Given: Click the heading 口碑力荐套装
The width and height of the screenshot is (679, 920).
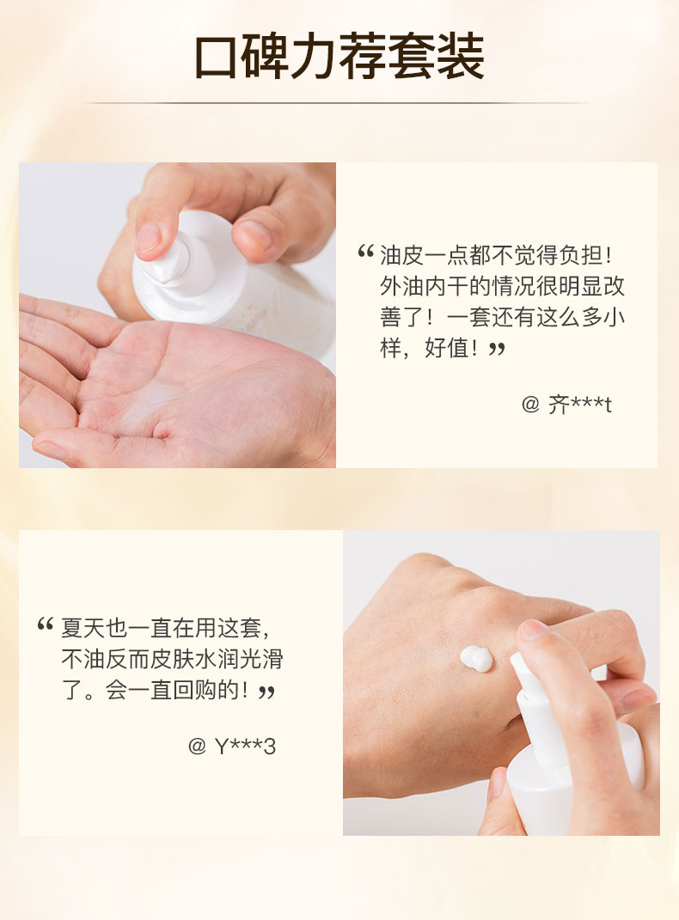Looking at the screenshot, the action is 339,57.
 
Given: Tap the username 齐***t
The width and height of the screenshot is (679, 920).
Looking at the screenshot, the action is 579,405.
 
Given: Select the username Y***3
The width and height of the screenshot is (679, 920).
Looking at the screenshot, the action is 245,746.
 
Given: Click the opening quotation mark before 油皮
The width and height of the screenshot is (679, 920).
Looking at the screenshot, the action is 365,253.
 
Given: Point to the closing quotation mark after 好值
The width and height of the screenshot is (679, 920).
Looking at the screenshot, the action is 497,349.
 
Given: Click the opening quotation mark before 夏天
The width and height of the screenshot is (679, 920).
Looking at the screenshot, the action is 46,625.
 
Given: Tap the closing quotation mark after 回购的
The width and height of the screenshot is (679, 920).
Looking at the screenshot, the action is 267,692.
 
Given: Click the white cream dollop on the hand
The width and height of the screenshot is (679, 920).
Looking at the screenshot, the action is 476,658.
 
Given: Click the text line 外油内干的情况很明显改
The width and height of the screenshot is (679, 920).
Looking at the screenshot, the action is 502,286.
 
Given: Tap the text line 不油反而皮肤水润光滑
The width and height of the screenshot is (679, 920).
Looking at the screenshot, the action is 173,659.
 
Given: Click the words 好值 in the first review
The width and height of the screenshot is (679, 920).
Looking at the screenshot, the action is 446,348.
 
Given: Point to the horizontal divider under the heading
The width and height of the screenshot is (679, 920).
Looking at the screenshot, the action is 336,103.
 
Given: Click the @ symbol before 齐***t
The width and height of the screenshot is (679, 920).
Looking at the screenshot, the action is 530,405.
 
